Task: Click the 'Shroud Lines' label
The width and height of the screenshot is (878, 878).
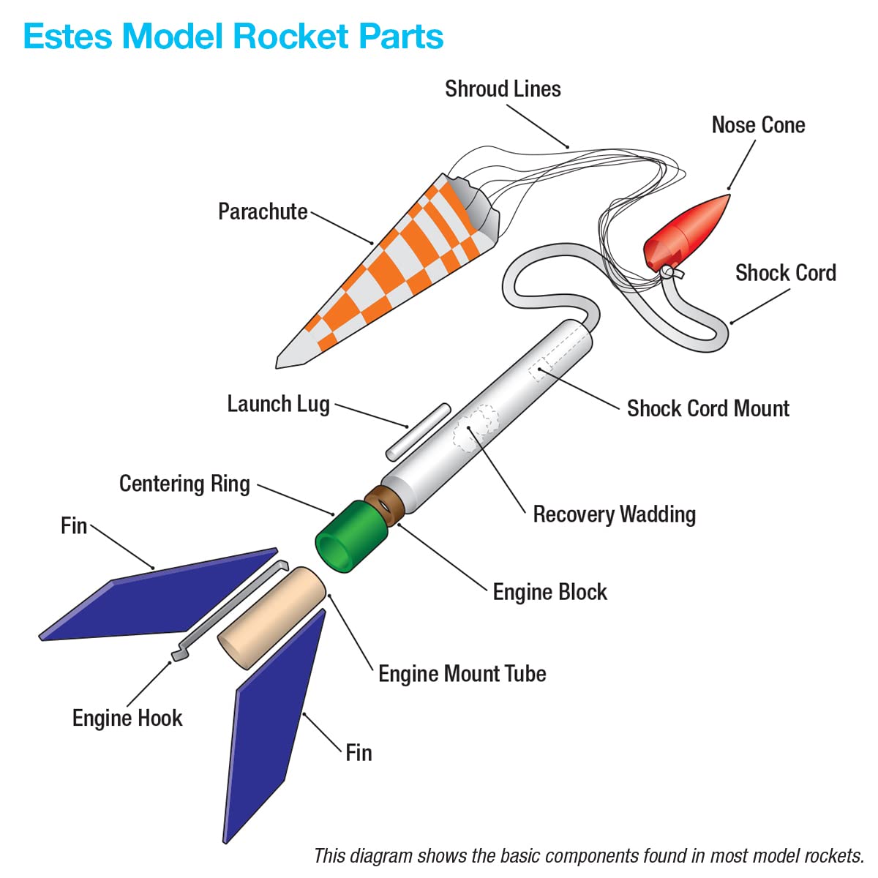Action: (503, 89)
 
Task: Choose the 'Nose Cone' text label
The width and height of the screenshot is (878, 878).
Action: (758, 125)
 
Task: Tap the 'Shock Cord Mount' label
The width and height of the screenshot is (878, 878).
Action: (708, 408)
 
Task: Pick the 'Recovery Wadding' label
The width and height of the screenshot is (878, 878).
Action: (614, 514)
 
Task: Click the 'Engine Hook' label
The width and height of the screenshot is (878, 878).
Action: (127, 718)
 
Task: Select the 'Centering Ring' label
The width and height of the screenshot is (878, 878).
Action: (184, 484)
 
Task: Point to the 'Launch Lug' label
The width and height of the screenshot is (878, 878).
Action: (278, 404)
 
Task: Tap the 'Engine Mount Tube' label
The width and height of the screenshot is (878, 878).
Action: (462, 674)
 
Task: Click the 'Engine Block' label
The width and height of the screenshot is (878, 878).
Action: (549, 592)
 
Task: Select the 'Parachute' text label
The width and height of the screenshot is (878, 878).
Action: (263, 211)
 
